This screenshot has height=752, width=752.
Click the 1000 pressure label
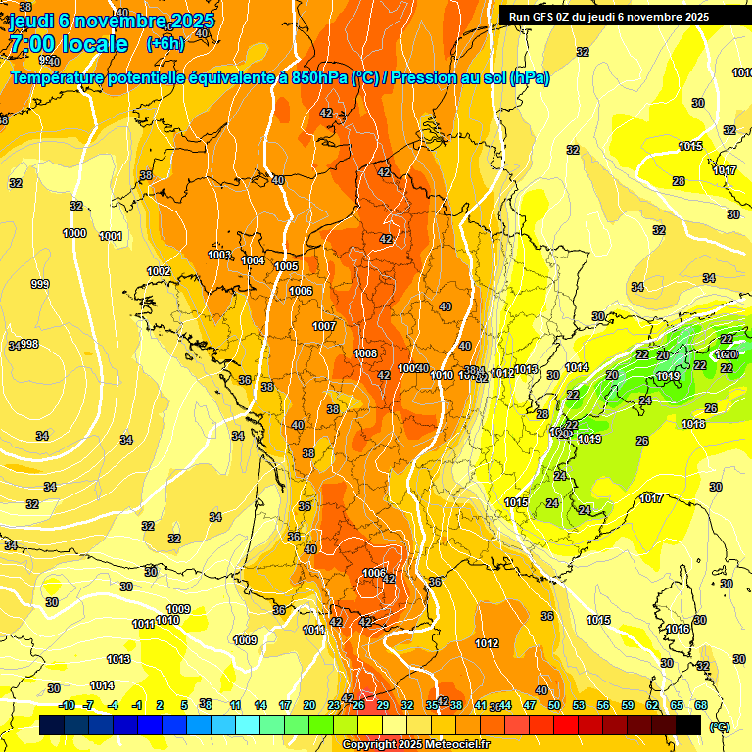click(x=74, y=233)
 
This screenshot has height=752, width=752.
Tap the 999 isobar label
click(x=40, y=284)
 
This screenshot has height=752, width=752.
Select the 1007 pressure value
click(x=324, y=326)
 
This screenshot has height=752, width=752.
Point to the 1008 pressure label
click(x=365, y=353)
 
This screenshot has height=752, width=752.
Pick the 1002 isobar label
click(x=159, y=271)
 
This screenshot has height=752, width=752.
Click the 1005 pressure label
click(x=286, y=266)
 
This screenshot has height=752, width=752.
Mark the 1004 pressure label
click(x=253, y=260)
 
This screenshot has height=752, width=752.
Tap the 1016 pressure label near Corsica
click(x=678, y=629)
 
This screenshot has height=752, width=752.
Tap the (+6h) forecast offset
click(x=165, y=44)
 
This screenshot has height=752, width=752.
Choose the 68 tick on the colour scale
click(x=701, y=705)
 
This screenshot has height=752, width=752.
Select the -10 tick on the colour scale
click(x=67, y=705)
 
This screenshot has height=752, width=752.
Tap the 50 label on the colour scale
click(x=554, y=705)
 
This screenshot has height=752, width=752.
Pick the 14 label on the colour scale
click(x=260, y=705)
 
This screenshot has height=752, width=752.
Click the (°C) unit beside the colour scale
click(x=719, y=727)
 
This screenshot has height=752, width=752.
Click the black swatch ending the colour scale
click(x=688, y=725)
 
